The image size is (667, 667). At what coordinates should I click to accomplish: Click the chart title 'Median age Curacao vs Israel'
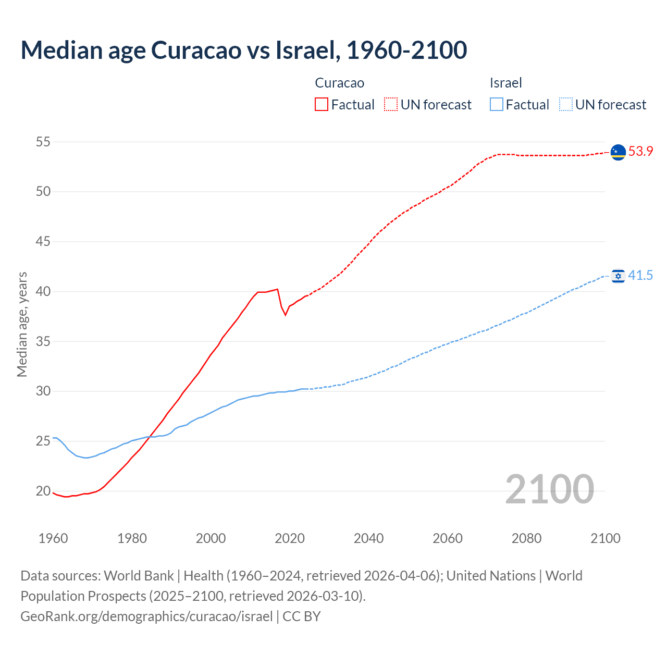243,50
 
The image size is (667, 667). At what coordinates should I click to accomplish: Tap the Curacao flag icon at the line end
617,152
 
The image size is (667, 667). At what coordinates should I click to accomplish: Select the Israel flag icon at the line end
618,276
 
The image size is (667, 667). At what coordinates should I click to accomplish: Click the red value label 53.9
640,152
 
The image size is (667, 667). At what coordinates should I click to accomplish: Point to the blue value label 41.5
640,276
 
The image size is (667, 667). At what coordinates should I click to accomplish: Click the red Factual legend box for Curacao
322,105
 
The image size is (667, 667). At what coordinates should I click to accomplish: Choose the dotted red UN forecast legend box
391,105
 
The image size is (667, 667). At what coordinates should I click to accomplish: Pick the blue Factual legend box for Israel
497,105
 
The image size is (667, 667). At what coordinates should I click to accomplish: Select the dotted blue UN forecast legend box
565,105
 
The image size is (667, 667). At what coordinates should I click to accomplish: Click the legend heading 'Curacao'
339,83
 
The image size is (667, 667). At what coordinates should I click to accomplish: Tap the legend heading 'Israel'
505,83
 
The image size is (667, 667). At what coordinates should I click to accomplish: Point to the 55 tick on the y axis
43,142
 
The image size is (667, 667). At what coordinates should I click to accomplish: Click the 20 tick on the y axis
43,491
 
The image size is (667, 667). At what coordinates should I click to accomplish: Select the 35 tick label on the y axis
43,341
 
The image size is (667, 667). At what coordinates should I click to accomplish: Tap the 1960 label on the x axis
53,538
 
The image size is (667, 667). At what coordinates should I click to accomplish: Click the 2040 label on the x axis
368,538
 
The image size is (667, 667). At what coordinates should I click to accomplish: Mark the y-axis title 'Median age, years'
22,324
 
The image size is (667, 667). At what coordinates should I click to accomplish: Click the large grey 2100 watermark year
549,489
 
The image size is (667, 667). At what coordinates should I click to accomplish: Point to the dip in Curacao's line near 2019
285,314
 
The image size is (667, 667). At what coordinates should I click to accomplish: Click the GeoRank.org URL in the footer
146,616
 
